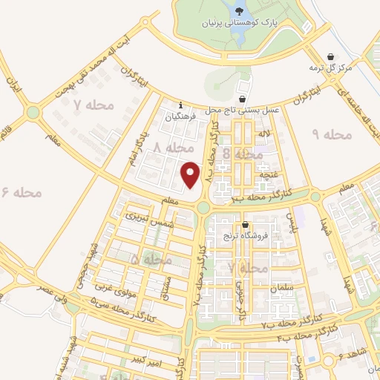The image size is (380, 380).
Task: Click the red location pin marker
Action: coord(191,174)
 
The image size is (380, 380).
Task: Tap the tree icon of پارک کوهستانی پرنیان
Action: coord(239,10)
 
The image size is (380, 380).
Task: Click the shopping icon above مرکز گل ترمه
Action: coord(330,56)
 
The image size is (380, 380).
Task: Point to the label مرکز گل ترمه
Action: coord(330,68)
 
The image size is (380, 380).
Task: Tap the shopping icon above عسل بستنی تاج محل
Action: coord(243,99)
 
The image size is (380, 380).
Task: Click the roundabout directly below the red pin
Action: coord(203,209)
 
